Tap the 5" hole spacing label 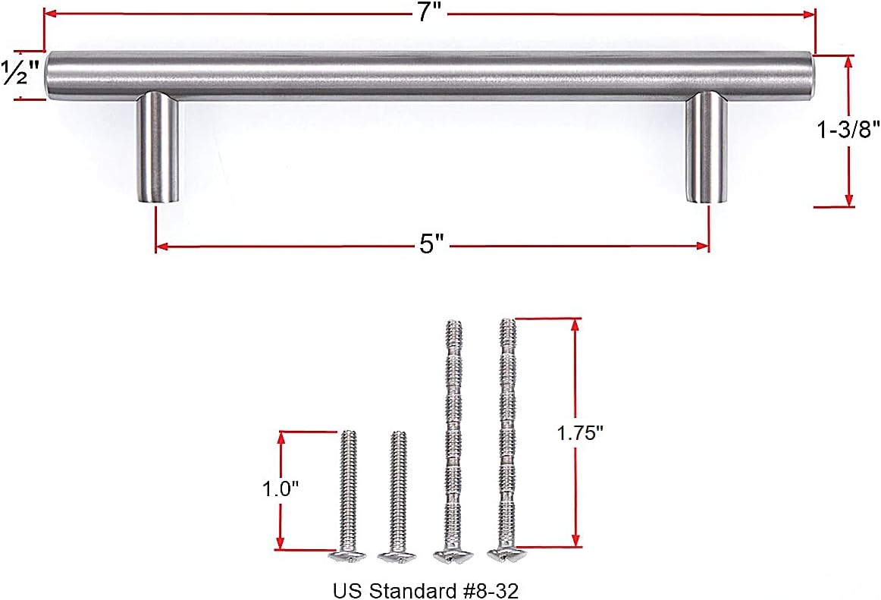coord(431,245)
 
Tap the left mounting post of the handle coord(158,148)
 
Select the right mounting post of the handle coord(706,148)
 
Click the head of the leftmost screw coord(346,555)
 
